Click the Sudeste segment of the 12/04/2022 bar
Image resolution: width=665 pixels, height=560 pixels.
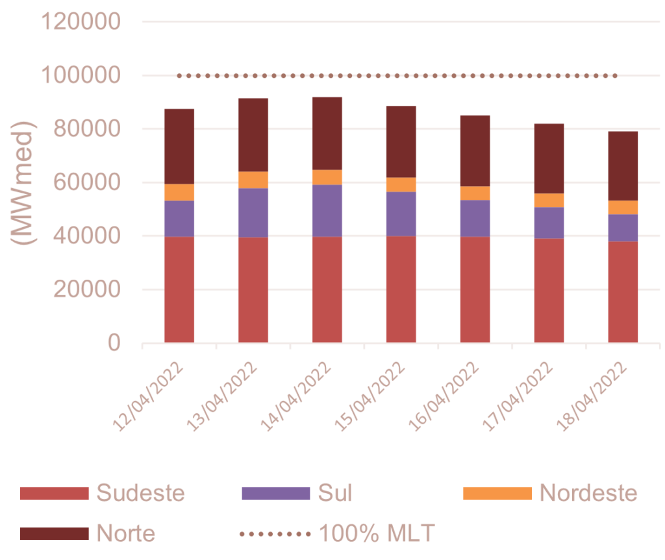pyautogui.click(x=179, y=289)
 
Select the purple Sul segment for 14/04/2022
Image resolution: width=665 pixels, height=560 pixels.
pyautogui.click(x=327, y=210)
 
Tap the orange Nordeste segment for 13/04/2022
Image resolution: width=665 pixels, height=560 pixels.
pyautogui.click(x=253, y=180)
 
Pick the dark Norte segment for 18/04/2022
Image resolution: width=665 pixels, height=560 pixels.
pyautogui.click(x=623, y=165)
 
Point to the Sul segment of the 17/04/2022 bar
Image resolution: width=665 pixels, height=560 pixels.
pyautogui.click(x=549, y=223)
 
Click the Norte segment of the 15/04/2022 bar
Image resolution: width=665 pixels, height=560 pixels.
pyautogui.click(x=401, y=141)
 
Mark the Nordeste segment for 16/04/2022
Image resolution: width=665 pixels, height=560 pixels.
pyautogui.click(x=475, y=193)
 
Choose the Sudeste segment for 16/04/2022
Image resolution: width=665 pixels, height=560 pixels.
pyautogui.click(x=475, y=289)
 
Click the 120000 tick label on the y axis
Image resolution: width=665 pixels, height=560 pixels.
pyautogui.click(x=81, y=22)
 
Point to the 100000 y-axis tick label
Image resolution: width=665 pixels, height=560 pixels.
pyautogui.click(x=81, y=76)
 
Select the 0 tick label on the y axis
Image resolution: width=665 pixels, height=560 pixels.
pyautogui.click(x=115, y=343)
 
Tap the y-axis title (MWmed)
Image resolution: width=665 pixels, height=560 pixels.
pyautogui.click(x=25, y=182)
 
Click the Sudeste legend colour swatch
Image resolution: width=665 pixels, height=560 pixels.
pyautogui.click(x=53, y=493)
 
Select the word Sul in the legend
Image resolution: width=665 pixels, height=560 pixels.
pyautogui.click(x=334, y=493)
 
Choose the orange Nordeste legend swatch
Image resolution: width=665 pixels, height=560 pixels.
pyautogui.click(x=497, y=493)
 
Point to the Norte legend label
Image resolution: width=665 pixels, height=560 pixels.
pyautogui.click(x=126, y=533)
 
